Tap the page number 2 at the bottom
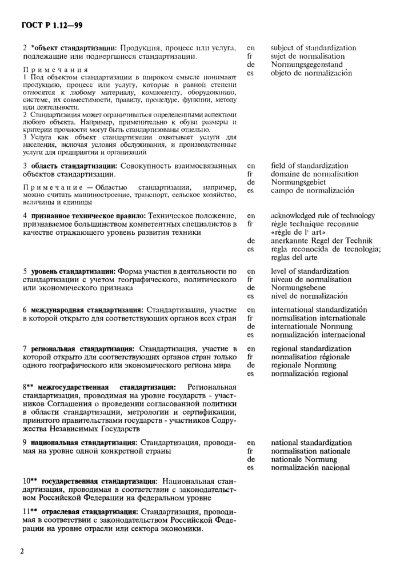click(x=23, y=552)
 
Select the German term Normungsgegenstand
click(x=306, y=65)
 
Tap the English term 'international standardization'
click(x=319, y=310)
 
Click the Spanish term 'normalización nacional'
click(x=310, y=468)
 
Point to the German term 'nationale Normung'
click(x=304, y=459)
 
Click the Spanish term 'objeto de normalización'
click(x=311, y=73)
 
